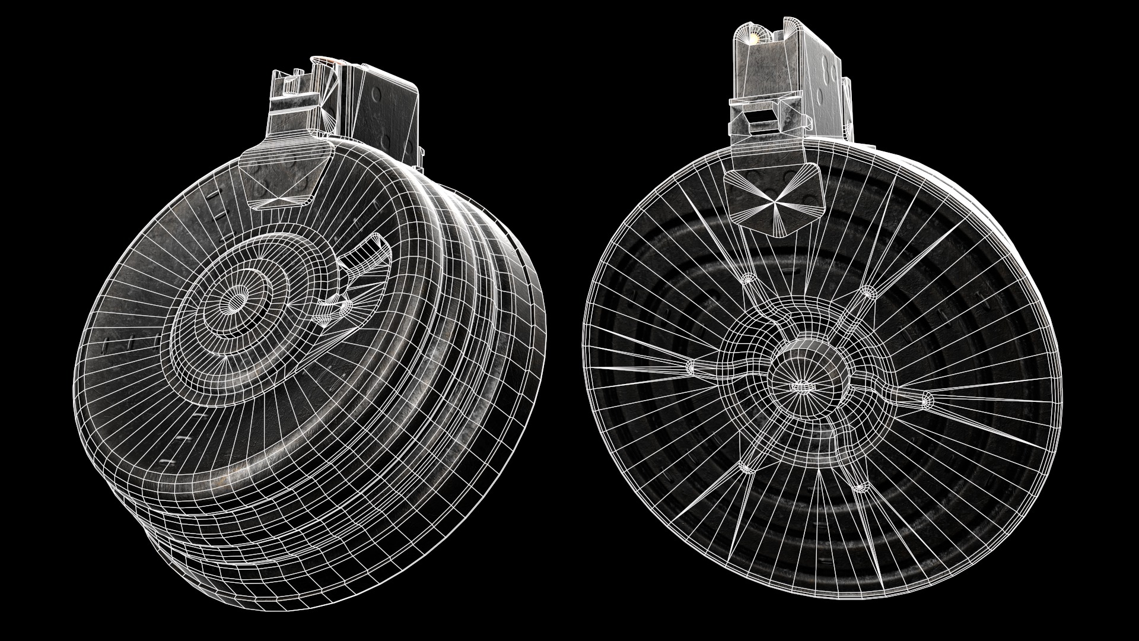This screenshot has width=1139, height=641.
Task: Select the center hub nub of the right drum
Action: click(800, 386)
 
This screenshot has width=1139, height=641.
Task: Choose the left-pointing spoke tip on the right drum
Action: click(691, 366)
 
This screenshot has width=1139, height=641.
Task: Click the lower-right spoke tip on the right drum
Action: click(860, 487)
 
